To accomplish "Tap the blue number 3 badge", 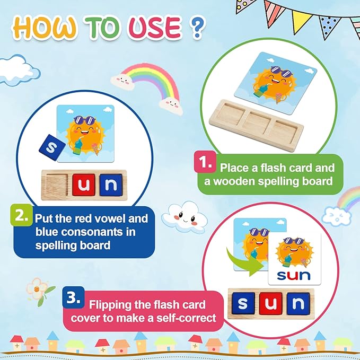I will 73,297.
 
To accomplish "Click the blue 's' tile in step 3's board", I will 242,304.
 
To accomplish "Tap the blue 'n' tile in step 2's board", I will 109,185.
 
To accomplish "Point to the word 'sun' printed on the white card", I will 290,276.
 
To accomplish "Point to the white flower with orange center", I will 38,286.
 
